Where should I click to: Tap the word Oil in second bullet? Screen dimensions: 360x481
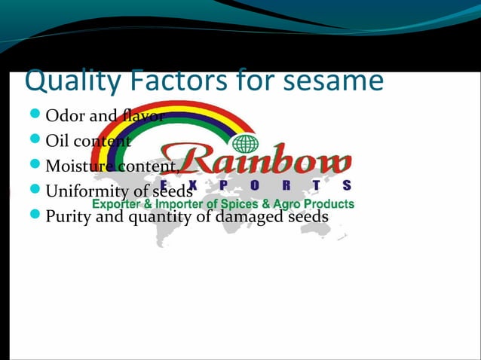tap(57, 141)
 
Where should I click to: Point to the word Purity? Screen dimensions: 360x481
tap(66, 216)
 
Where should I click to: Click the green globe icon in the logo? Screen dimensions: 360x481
tap(246, 143)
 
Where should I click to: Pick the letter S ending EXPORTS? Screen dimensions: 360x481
tap(346, 185)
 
